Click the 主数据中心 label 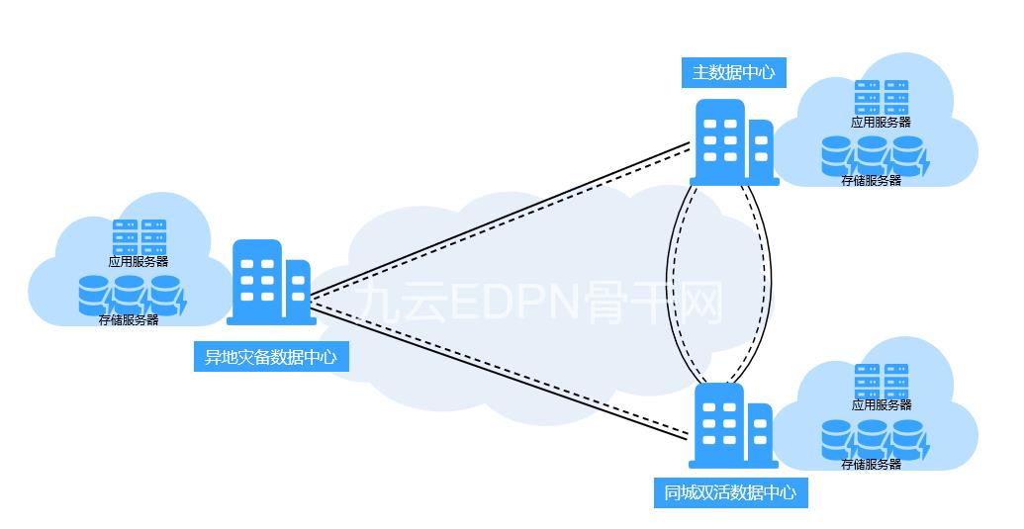coord(733,72)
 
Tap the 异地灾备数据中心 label coord(270,357)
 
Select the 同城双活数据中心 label coord(730,492)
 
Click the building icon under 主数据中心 coord(733,142)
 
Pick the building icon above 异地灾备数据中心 coord(270,282)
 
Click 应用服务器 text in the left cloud coord(139,262)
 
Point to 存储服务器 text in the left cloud coord(129,320)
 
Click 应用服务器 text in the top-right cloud coord(881,123)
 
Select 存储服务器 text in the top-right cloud coord(871,181)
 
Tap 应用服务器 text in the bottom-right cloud coord(882,405)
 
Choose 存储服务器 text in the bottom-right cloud coord(871,464)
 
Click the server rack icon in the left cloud coord(139,237)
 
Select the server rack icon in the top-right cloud coord(882,98)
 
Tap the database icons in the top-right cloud coord(874,154)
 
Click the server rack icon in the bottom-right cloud coord(882,381)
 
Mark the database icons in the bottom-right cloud coord(874,438)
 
